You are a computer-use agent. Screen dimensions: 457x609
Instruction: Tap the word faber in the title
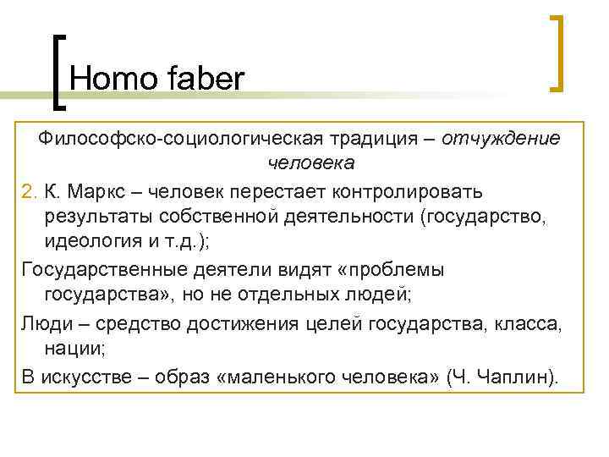[202, 79]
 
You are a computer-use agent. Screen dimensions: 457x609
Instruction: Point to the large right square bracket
[556, 52]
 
